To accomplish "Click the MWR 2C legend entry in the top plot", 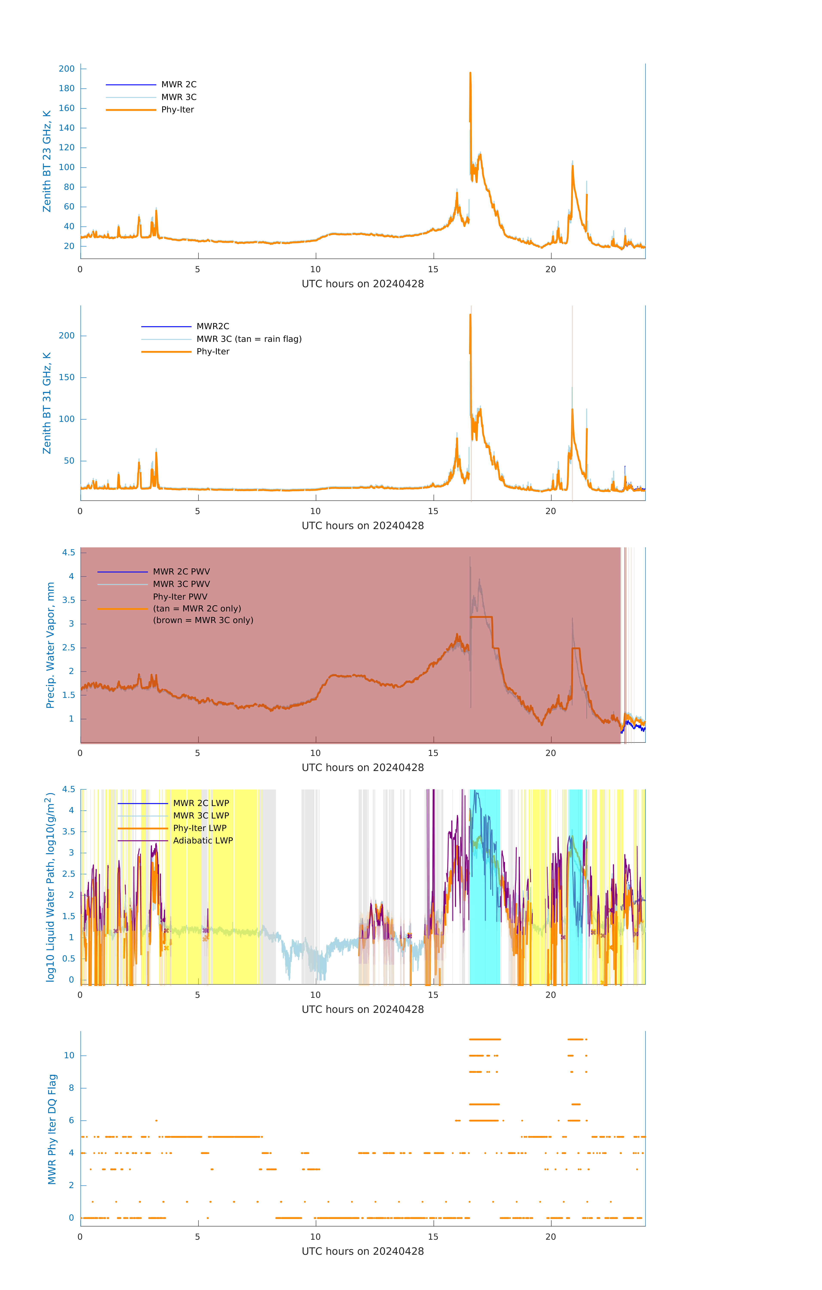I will click(x=178, y=85).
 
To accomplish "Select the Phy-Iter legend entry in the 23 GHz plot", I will click(x=177, y=110).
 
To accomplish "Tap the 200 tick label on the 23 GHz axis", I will click(x=67, y=69).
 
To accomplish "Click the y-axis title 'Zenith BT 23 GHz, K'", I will click(x=47, y=161).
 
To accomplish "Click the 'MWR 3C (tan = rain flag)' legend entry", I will click(x=248, y=339).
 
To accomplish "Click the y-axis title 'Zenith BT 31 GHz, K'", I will click(x=47, y=403).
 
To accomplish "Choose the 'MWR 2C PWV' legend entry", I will click(x=181, y=572).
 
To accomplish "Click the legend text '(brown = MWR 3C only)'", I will click(x=203, y=620).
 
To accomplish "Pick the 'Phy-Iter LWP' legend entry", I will click(x=199, y=828).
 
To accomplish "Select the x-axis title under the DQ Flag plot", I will click(x=363, y=1252).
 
